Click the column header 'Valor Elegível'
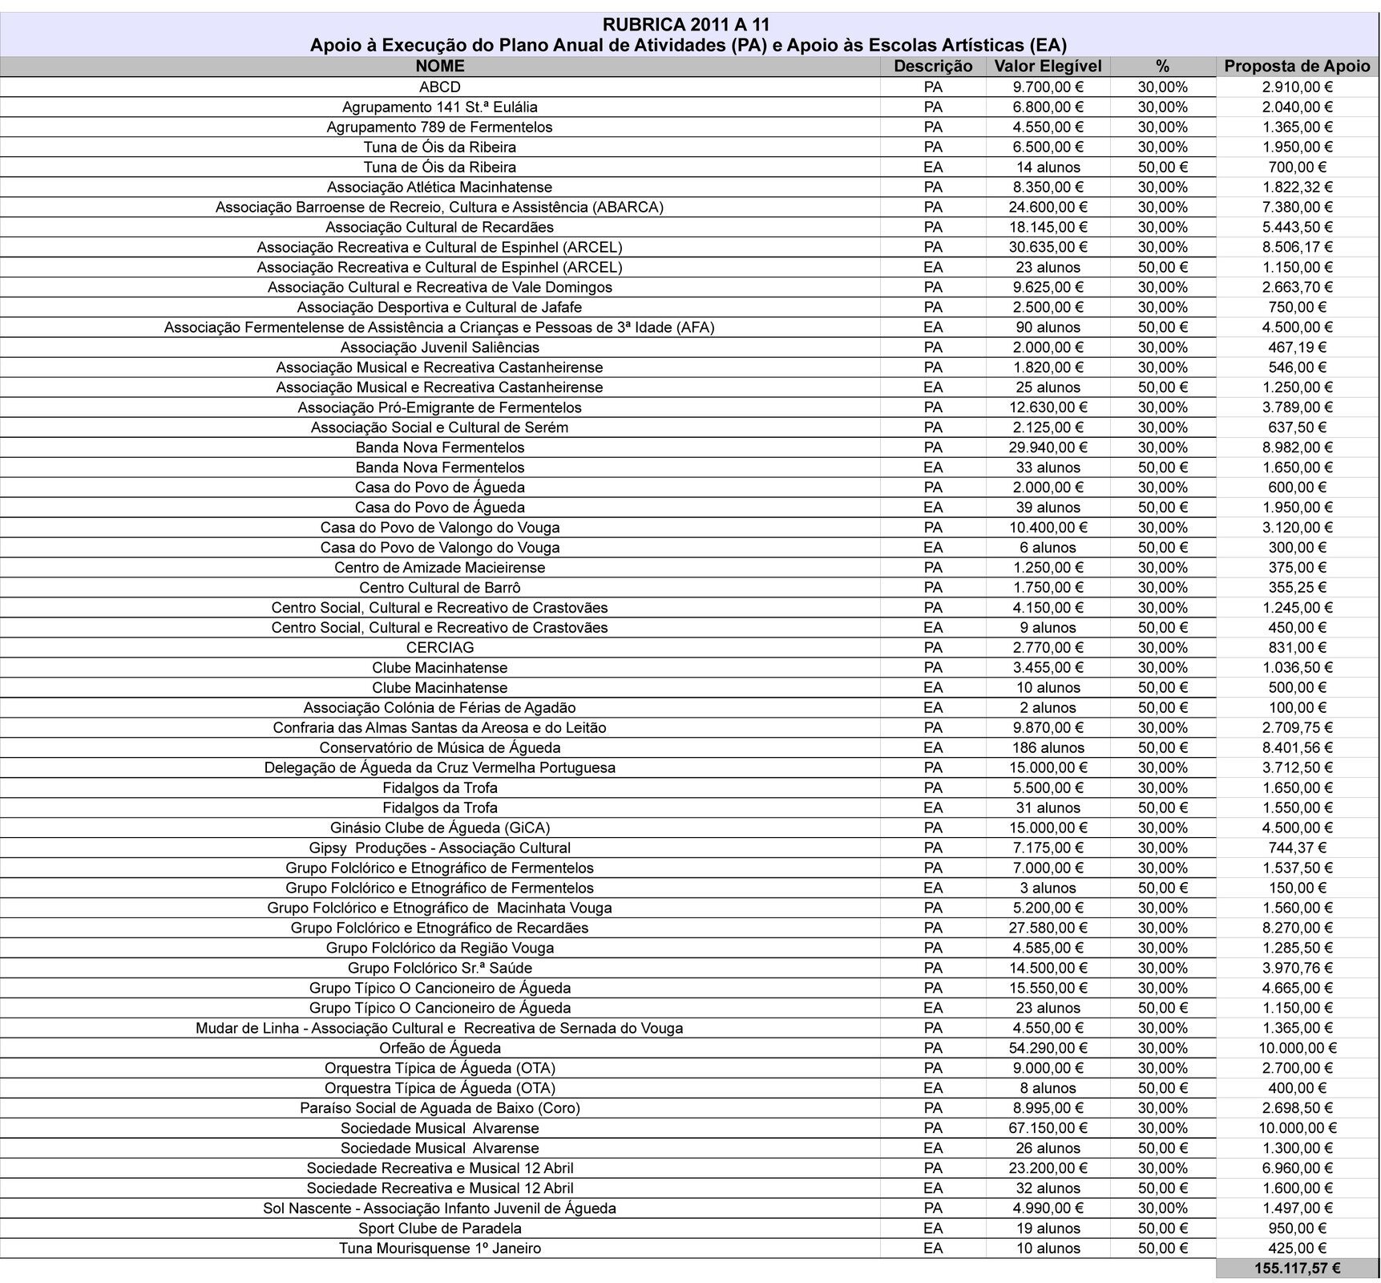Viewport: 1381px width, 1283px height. (1048, 67)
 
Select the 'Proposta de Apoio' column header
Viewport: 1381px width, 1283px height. (1297, 67)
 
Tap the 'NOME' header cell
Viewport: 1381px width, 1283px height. (439, 67)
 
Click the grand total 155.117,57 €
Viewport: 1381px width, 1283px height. (1297, 1269)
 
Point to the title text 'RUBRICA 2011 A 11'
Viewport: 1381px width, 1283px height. (688, 26)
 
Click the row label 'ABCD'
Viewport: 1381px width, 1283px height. (439, 87)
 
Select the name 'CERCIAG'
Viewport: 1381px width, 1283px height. (439, 648)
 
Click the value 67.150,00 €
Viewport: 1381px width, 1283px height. (1048, 1128)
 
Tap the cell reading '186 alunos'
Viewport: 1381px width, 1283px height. (1048, 748)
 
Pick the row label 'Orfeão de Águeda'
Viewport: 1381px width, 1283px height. (439, 1048)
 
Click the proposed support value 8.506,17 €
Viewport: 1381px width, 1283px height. (1297, 247)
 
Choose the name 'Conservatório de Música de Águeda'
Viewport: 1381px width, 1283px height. (439, 748)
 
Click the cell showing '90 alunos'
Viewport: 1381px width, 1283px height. (1048, 327)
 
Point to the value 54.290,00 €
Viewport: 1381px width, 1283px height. (1048, 1048)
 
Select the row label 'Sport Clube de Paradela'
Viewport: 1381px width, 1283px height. (439, 1228)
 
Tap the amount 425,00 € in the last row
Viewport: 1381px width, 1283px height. (1297, 1249)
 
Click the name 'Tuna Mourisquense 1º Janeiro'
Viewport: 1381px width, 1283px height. (439, 1249)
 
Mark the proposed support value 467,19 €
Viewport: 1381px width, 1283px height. (1297, 347)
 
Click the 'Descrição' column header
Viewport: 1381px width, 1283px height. (933, 67)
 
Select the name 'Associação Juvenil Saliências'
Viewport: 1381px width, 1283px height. (439, 347)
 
